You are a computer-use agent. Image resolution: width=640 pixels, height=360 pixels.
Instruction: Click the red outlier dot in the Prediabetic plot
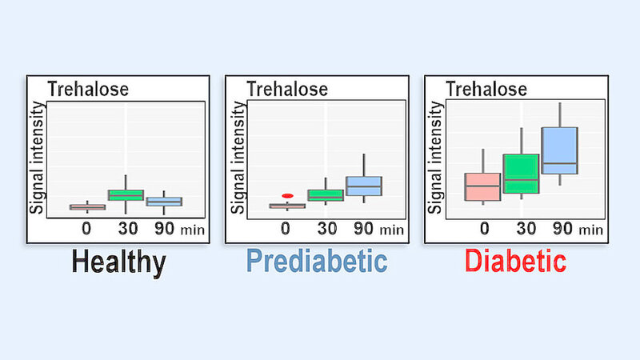click(x=287, y=195)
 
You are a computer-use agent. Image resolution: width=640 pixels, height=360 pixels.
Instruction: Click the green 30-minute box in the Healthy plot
click(x=126, y=194)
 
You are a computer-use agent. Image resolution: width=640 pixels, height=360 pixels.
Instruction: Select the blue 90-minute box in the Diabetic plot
click(x=559, y=150)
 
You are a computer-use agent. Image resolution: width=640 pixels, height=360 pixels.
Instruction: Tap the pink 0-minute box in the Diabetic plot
click(x=483, y=186)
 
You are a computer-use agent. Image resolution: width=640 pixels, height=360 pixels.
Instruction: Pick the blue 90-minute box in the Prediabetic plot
click(x=364, y=186)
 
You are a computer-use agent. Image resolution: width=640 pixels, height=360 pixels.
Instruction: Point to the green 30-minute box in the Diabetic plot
click(x=522, y=174)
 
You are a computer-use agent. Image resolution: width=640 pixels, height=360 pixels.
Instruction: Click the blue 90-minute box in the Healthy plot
click(x=165, y=202)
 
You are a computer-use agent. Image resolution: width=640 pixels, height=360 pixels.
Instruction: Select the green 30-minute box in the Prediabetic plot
click(x=326, y=195)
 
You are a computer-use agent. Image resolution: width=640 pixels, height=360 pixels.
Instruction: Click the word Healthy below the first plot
click(x=118, y=262)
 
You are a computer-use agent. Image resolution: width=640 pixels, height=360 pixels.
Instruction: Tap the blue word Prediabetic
click(x=316, y=262)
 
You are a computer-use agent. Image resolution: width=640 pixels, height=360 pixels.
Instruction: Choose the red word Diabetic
click(x=516, y=262)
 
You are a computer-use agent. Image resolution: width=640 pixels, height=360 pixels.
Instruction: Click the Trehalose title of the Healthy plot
click(x=88, y=89)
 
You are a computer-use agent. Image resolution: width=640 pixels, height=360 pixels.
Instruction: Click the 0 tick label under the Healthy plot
click(x=87, y=229)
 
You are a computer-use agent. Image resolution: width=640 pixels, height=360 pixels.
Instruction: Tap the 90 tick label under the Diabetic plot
click(x=562, y=229)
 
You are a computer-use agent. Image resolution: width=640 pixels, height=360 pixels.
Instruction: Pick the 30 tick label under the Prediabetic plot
click(x=326, y=229)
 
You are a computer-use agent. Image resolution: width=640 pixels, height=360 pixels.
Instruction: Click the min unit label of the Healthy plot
click(x=192, y=230)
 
